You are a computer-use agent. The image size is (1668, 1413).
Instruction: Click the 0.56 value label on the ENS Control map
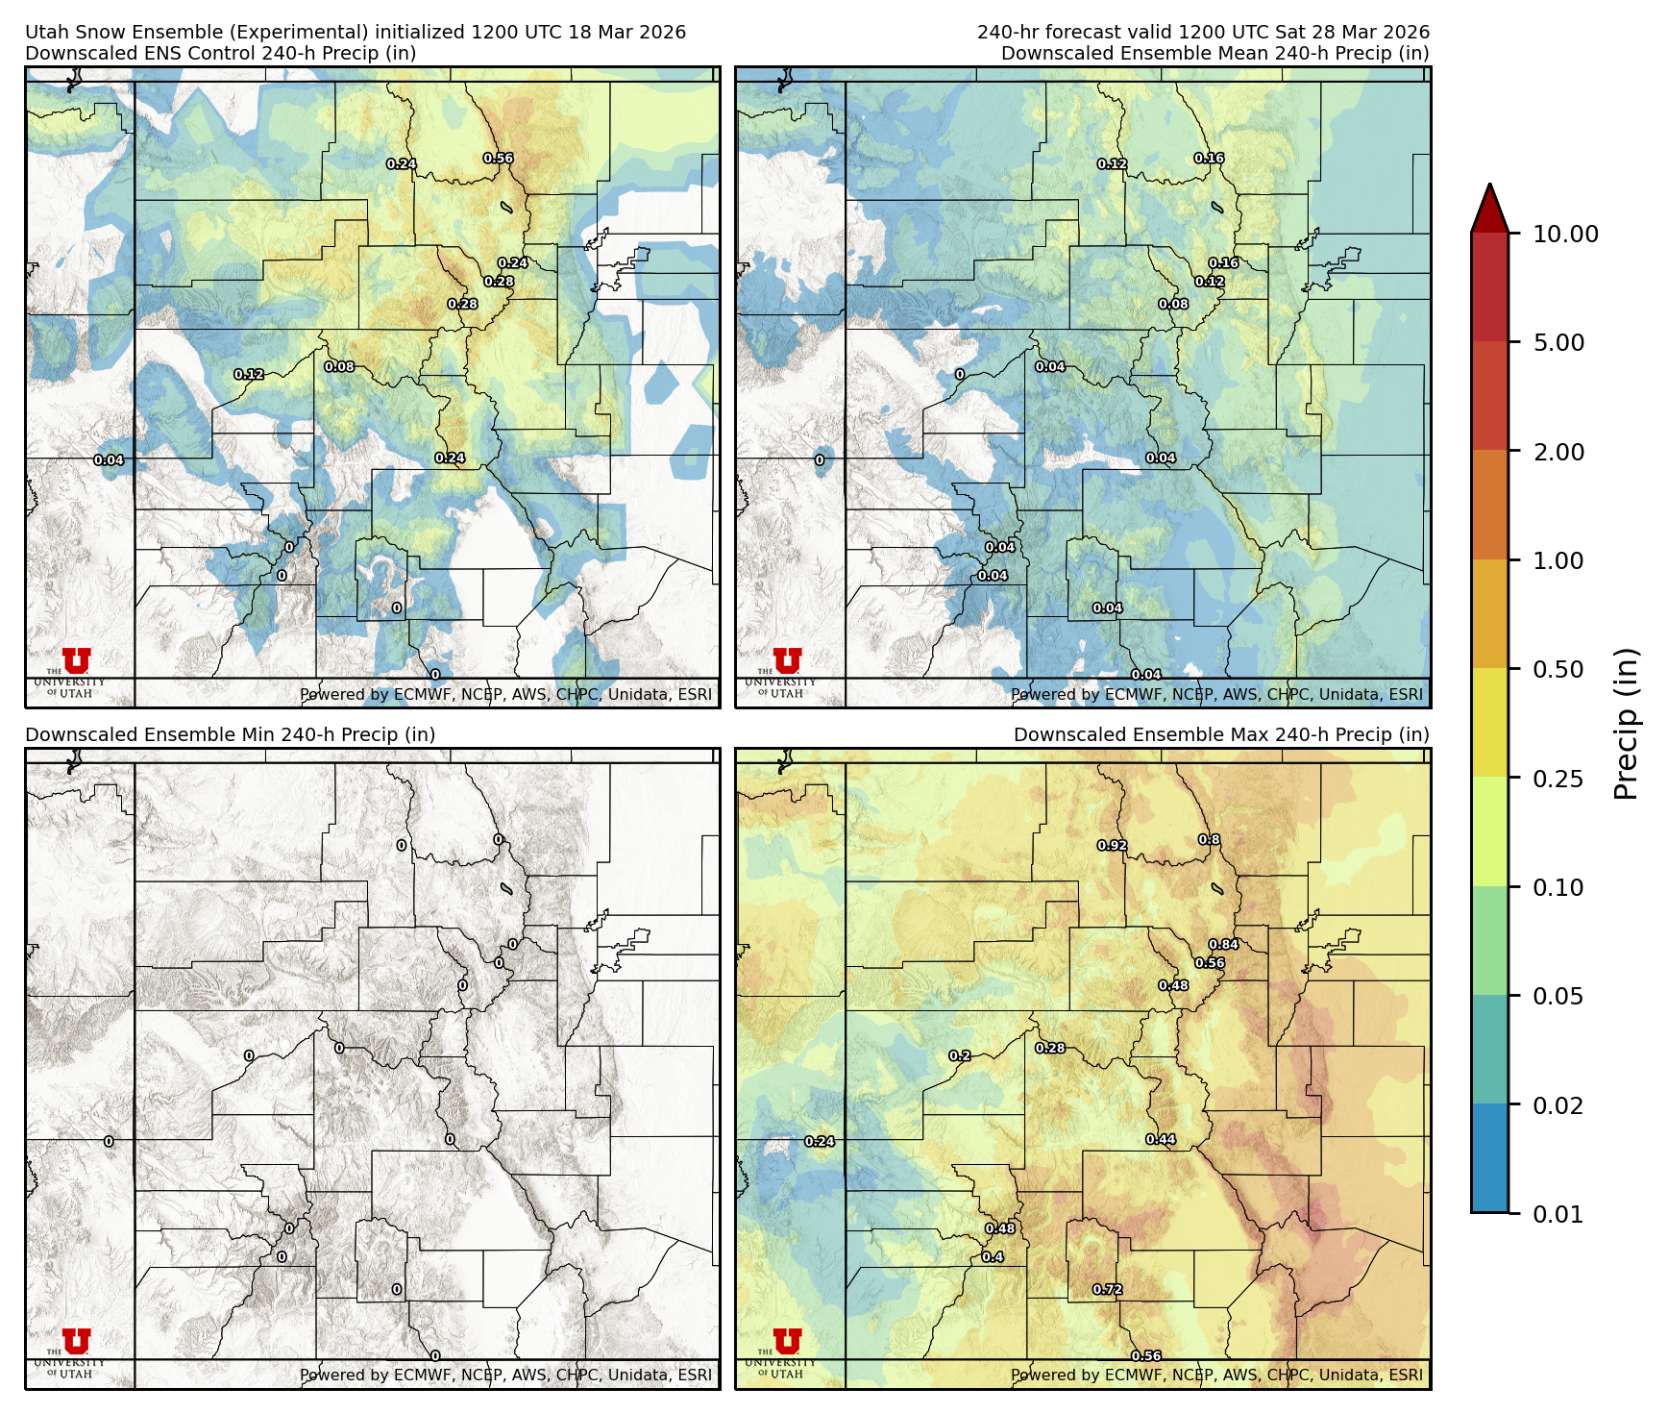[x=498, y=159]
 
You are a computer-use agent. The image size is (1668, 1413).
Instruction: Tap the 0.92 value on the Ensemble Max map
[x=1112, y=846]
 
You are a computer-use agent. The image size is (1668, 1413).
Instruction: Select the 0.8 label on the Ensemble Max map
[x=1209, y=840]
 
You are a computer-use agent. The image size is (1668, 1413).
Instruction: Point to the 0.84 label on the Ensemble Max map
[x=1223, y=945]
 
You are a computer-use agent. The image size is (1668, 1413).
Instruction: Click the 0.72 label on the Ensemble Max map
[x=1107, y=1290]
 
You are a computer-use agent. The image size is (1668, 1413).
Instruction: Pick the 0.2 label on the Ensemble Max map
[x=959, y=1055]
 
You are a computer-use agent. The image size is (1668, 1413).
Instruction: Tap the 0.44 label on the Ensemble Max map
[x=1161, y=1140]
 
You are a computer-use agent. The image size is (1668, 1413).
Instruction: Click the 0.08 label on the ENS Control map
[x=339, y=367]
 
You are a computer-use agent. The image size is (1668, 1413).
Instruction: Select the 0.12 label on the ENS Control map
[x=249, y=375]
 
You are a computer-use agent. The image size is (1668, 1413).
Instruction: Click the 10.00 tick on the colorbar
[x=1564, y=234]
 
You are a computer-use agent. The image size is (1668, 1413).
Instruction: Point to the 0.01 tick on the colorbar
[x=1558, y=1214]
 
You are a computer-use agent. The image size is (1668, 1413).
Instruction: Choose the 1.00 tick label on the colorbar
[x=1558, y=560]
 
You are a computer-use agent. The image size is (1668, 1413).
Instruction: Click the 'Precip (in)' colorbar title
[x=1626, y=723]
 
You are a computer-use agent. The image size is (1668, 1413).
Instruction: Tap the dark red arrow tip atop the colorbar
[x=1489, y=205]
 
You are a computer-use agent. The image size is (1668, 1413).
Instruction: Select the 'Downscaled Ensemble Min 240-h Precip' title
[x=231, y=734]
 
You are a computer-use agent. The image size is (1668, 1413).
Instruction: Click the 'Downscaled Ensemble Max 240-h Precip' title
[x=1221, y=734]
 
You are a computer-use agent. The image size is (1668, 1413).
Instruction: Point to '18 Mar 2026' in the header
[x=627, y=32]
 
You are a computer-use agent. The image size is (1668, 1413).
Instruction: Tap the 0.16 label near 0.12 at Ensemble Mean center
[x=1223, y=263]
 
